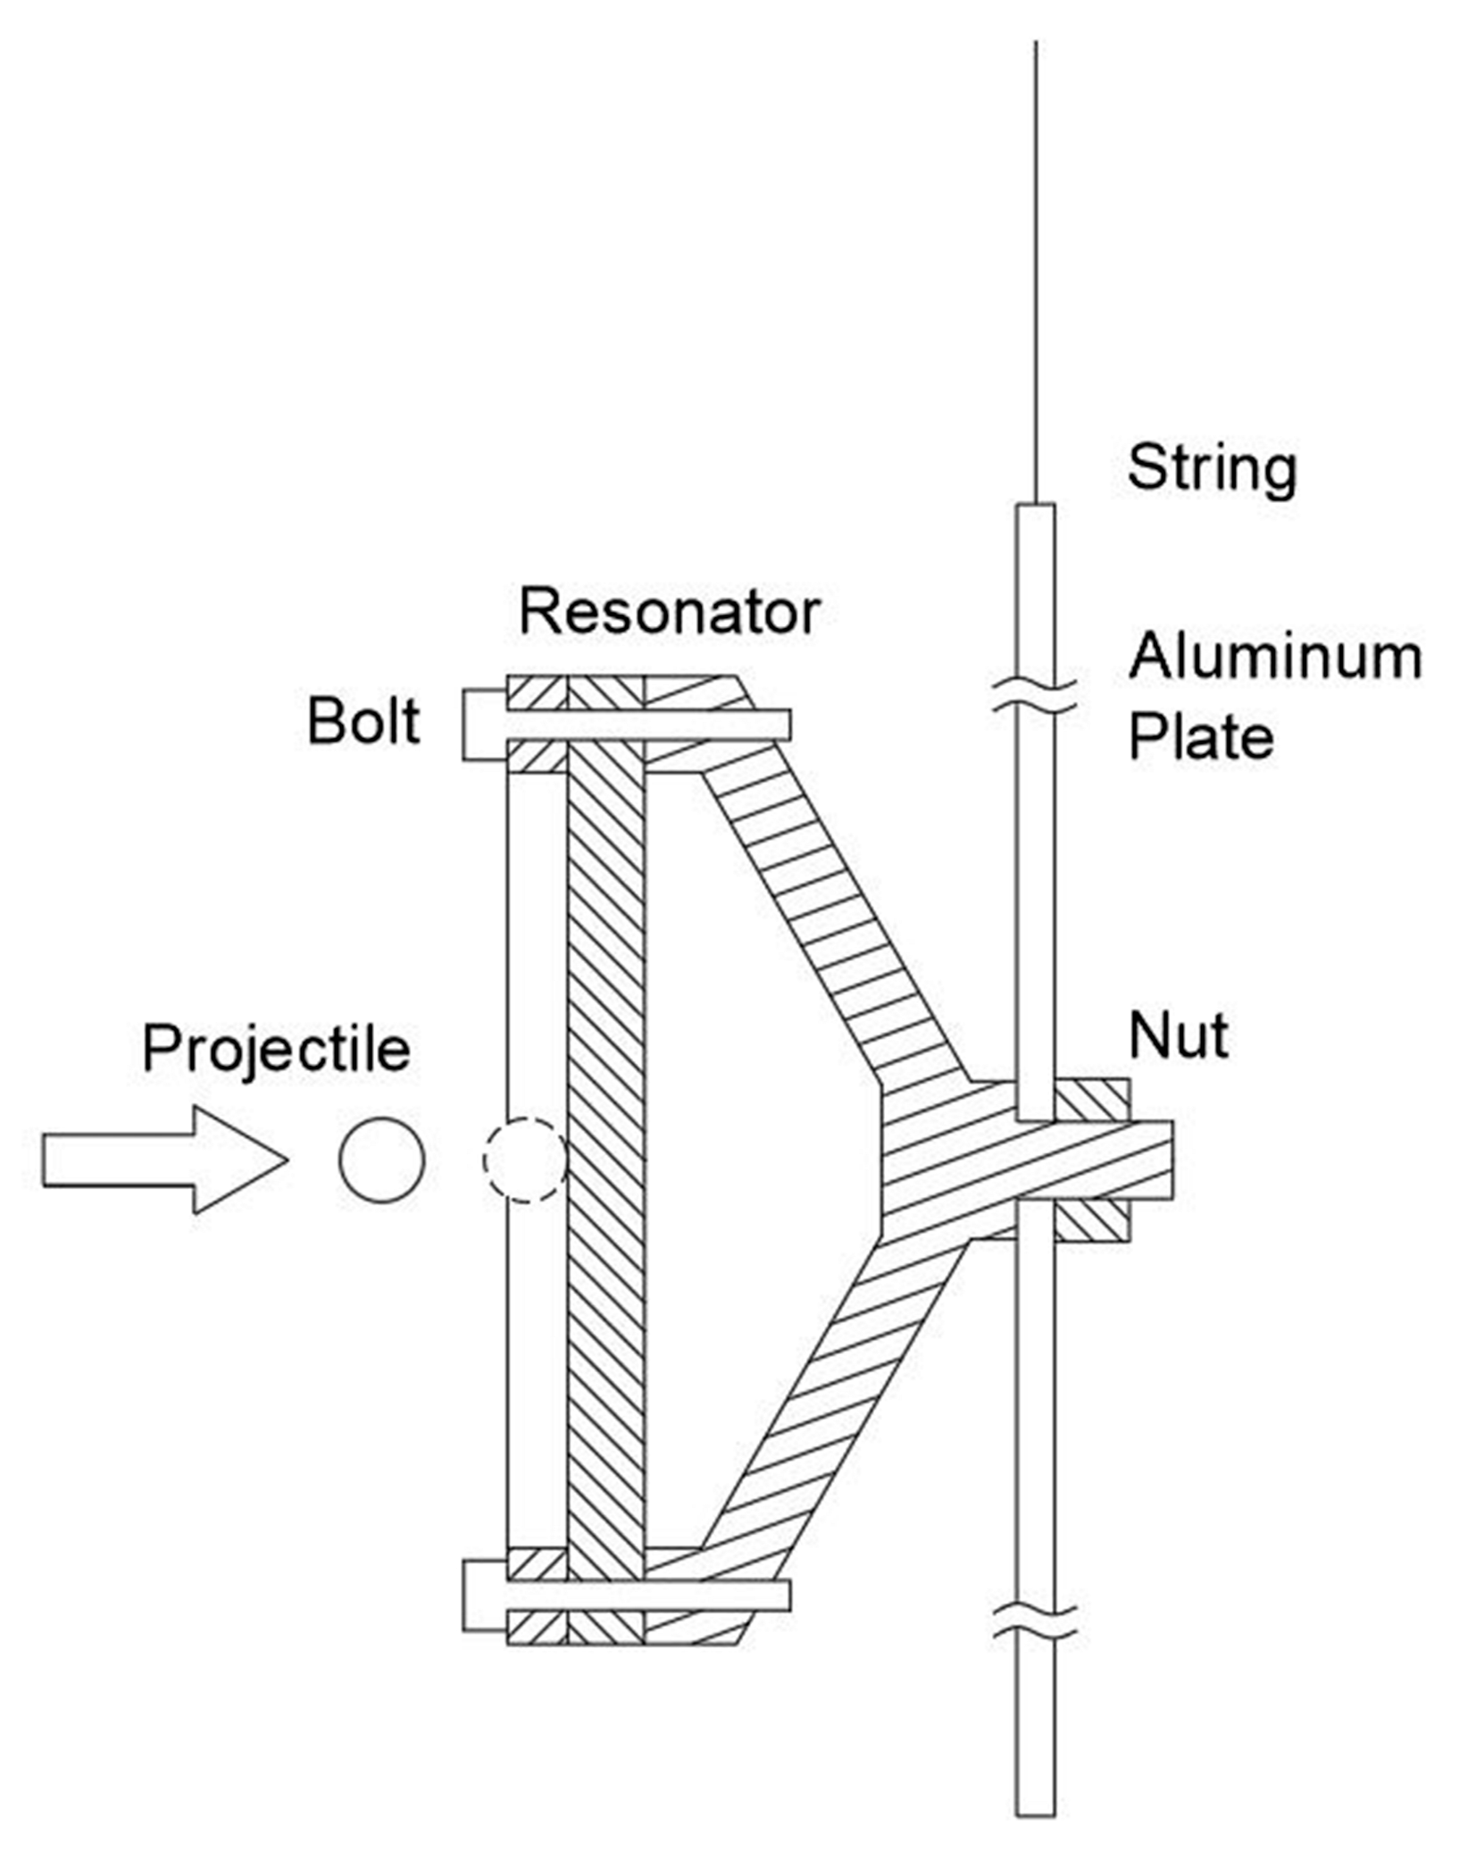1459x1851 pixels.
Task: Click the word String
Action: pos(1211,467)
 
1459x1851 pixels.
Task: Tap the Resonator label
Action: pos(669,612)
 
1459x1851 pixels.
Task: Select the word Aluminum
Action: pos(1274,657)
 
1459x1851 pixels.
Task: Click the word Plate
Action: pos(1200,737)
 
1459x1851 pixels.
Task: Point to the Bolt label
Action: pos(363,721)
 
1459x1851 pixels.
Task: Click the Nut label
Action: pos(1179,1035)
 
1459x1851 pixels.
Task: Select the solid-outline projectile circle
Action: pos(382,1160)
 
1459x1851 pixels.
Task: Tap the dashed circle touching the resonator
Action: pos(524,1160)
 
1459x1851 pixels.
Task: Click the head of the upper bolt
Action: pos(484,724)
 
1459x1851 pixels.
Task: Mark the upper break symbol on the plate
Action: pos(1036,696)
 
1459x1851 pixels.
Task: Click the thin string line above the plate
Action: pos(1036,268)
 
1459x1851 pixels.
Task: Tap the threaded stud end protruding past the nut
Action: pos(1152,1160)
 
